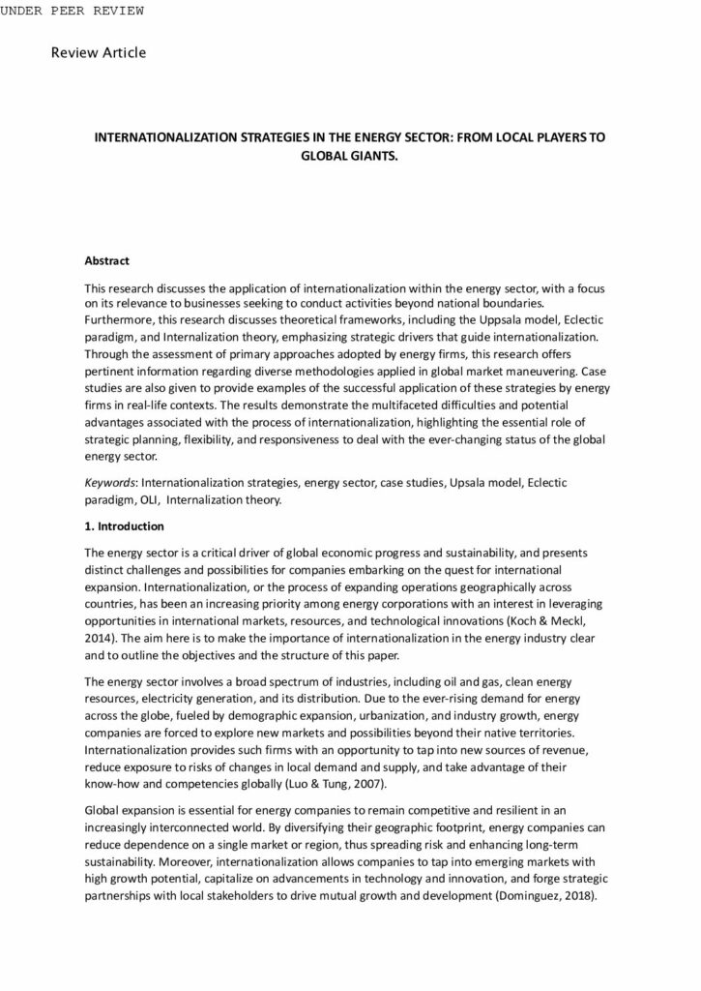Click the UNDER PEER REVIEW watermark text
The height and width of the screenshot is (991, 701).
click(73, 11)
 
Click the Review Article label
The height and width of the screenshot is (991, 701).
click(99, 52)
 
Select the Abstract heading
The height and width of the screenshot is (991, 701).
click(106, 261)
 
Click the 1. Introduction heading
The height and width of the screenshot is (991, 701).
click(125, 526)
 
